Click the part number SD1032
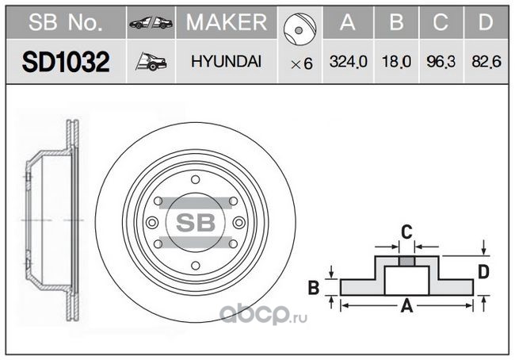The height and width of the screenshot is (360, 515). [66, 62]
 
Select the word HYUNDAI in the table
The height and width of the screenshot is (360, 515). [227, 62]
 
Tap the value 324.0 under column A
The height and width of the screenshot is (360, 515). [348, 62]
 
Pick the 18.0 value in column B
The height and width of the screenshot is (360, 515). [396, 62]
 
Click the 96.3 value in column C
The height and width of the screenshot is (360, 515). [441, 62]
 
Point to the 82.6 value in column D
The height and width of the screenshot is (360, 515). [486, 62]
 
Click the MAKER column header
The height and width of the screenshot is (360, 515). [227, 22]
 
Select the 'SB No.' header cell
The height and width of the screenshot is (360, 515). [66, 22]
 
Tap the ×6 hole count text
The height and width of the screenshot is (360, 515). [302, 63]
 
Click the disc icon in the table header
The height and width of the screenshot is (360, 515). [299, 29]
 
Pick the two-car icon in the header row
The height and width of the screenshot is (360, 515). [151, 22]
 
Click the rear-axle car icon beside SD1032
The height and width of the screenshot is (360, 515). [151, 62]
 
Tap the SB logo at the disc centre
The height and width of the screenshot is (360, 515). [196, 223]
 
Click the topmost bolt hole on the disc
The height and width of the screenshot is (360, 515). [196, 180]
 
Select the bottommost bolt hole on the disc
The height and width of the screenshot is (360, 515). [196, 266]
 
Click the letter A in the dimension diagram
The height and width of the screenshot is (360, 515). [406, 306]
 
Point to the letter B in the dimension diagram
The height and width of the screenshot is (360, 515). [314, 287]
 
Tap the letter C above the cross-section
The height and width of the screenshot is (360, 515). [406, 232]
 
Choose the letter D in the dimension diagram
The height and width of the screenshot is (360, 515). [483, 272]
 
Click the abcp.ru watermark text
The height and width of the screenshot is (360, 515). [263, 315]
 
